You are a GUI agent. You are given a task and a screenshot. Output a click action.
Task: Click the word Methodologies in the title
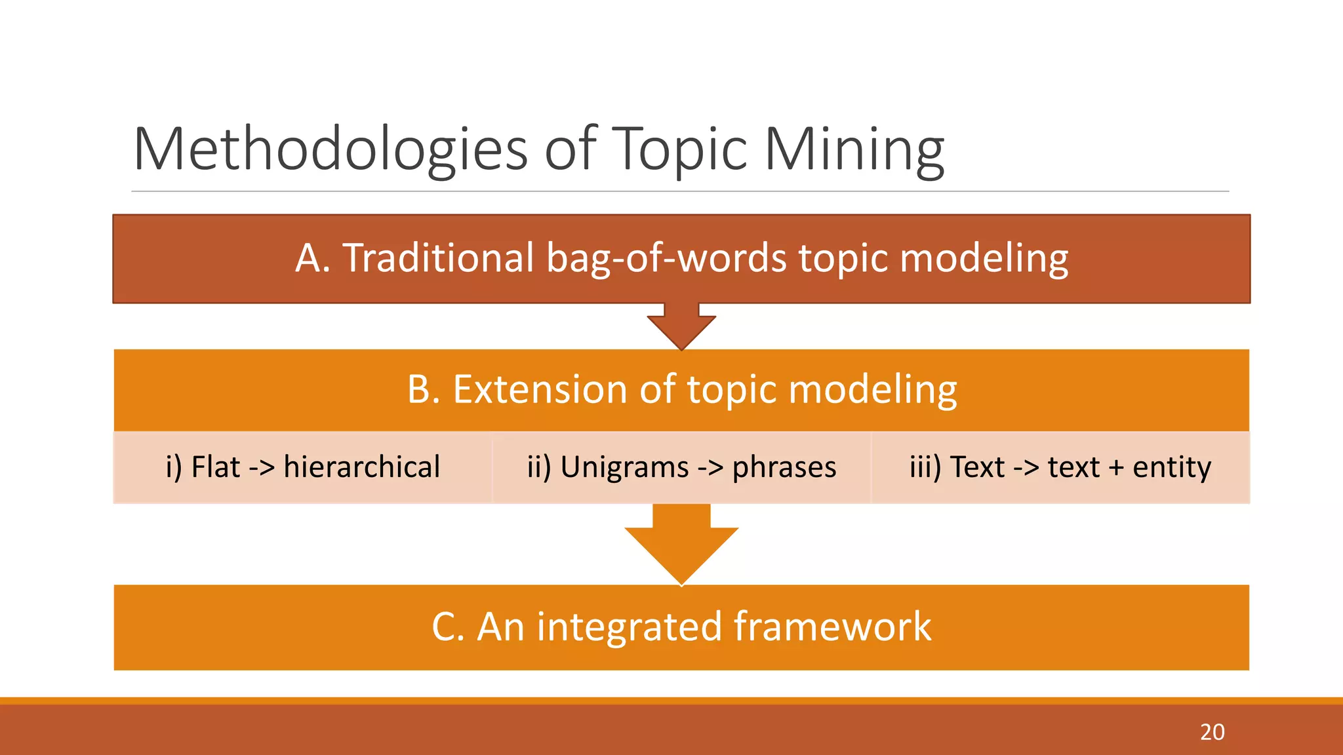pos(330,149)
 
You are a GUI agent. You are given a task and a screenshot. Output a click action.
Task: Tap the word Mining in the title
pos(854,149)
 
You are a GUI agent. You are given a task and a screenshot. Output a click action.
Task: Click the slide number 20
pos(1212,731)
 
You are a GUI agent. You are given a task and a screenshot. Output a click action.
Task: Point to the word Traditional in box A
pos(439,258)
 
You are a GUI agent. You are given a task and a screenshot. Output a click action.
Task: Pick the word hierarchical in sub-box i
pos(361,467)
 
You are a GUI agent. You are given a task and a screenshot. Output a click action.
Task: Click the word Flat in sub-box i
pos(216,467)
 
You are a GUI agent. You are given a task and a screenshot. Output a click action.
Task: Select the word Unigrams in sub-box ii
pos(624,467)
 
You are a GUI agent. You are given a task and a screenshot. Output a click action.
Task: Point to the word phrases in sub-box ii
pos(784,467)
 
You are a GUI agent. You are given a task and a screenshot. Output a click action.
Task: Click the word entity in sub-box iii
pos(1171,467)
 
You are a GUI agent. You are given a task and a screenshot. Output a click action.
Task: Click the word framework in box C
pos(832,627)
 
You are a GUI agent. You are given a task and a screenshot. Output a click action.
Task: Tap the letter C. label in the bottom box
pos(448,627)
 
